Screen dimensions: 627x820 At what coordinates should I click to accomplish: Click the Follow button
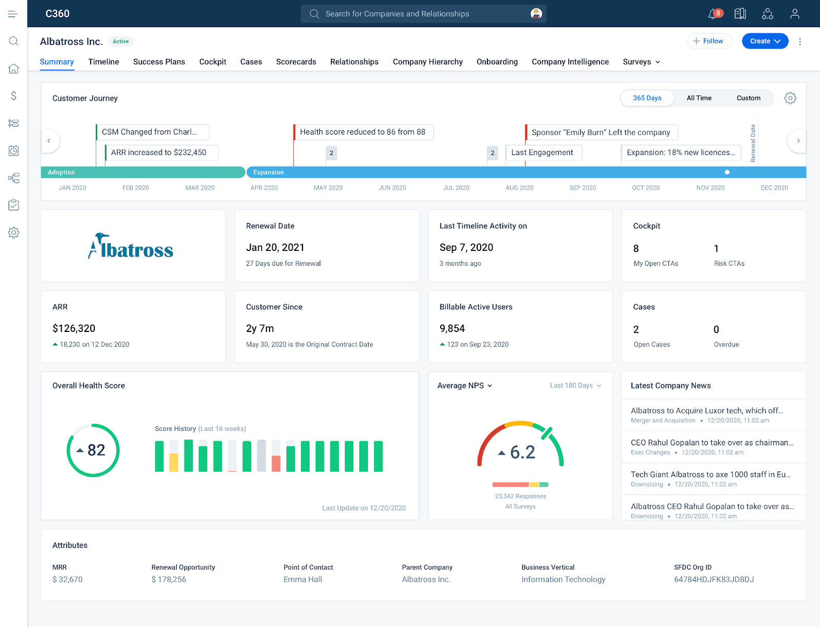(709, 41)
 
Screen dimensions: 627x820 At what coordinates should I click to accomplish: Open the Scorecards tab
(296, 62)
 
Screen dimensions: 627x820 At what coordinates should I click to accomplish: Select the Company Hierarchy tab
(427, 62)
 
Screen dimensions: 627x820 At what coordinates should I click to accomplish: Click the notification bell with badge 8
(713, 14)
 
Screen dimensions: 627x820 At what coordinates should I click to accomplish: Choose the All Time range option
(699, 98)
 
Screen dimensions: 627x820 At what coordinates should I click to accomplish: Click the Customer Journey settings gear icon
(790, 98)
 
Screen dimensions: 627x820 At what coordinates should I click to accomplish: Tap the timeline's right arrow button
(797, 141)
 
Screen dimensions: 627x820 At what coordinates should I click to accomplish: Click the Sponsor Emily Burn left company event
(601, 132)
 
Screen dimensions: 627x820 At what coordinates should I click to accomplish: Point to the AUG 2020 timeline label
(519, 188)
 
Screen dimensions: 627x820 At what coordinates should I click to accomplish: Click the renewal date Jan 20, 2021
(275, 247)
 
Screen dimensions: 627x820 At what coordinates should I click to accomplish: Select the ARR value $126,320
(74, 328)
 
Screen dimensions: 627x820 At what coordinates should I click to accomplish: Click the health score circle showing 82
(93, 450)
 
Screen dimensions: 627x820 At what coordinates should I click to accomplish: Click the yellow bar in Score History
(174, 462)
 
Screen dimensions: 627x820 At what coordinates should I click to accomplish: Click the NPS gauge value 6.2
(522, 452)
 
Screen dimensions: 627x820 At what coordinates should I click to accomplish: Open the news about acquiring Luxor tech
(707, 410)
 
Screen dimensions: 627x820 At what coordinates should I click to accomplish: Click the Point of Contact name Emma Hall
(303, 579)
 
